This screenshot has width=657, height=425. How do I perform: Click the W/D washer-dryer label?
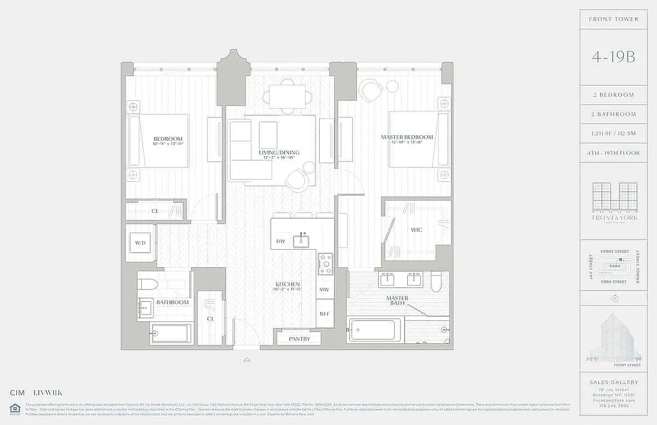(x=140, y=243)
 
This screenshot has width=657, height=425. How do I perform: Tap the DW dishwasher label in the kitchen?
(x=280, y=242)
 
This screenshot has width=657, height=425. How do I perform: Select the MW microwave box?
(x=324, y=290)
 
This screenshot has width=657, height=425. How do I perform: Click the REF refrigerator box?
(x=324, y=314)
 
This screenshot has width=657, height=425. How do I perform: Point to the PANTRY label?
(x=300, y=338)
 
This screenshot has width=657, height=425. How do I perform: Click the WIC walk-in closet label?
(x=416, y=231)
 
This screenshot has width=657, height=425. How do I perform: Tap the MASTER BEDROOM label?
(x=407, y=137)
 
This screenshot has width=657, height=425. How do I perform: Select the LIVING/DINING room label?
(x=279, y=152)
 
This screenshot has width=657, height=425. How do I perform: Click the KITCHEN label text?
(x=288, y=284)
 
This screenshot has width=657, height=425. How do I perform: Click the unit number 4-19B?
(x=613, y=57)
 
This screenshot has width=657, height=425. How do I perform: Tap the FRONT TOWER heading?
(x=613, y=19)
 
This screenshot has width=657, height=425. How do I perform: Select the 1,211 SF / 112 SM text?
(x=613, y=133)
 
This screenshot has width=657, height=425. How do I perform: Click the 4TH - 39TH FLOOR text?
(x=613, y=153)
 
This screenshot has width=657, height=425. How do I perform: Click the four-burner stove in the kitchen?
(x=325, y=263)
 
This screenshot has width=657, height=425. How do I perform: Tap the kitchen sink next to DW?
(x=303, y=240)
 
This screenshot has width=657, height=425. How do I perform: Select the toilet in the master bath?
(x=436, y=282)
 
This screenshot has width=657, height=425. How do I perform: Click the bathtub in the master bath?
(x=374, y=330)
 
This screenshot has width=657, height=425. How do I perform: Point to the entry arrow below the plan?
(x=246, y=360)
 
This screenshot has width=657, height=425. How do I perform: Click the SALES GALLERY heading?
(x=613, y=382)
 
